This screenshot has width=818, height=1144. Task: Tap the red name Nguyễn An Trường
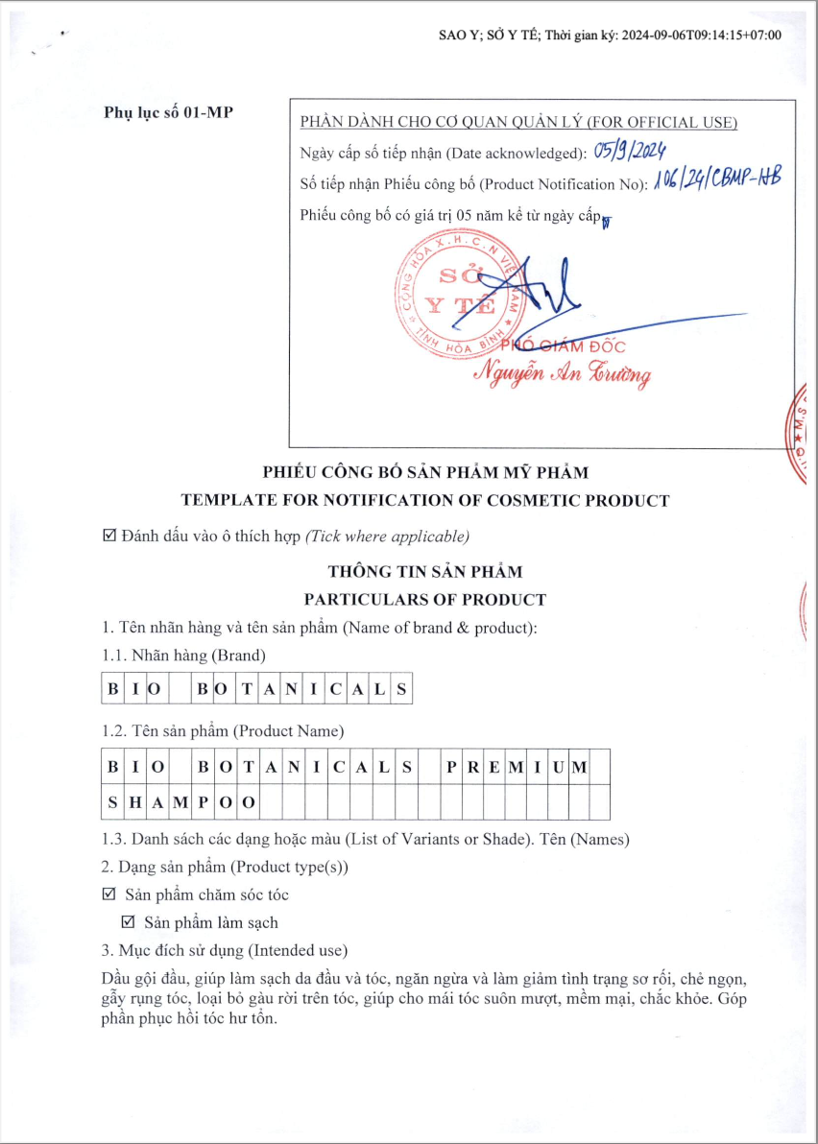567,371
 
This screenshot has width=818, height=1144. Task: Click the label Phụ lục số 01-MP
168,112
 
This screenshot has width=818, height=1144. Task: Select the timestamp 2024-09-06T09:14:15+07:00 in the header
702,36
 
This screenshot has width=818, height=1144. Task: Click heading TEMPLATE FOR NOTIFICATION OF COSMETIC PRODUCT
425,500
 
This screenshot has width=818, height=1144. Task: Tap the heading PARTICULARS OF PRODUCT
425,600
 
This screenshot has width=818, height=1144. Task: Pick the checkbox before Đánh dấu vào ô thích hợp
108,535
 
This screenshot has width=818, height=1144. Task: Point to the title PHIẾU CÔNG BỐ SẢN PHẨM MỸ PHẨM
425,472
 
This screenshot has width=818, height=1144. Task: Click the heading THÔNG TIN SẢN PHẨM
425,572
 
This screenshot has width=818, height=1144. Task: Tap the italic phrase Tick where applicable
387,535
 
